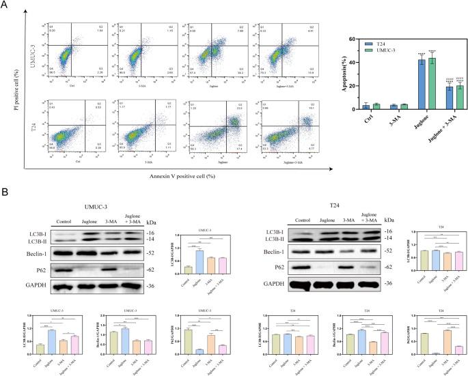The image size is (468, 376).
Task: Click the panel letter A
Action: (x=5, y=6)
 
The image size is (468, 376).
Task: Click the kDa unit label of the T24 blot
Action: (x=391, y=220)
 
